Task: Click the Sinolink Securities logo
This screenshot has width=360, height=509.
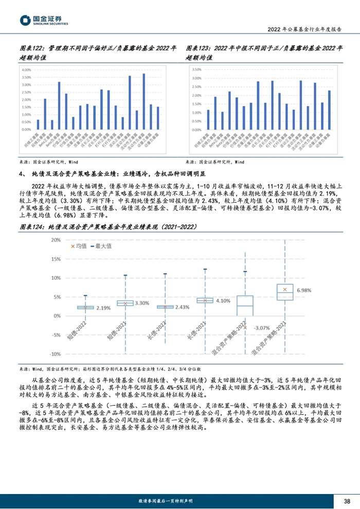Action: (x=43, y=20)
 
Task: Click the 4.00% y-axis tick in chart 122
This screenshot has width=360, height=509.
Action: (x=27, y=69)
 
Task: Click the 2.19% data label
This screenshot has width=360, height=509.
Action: (x=103, y=308)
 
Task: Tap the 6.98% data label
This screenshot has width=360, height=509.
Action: (x=304, y=290)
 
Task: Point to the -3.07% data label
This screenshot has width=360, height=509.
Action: (x=262, y=328)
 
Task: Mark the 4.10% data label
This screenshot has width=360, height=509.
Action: (x=223, y=300)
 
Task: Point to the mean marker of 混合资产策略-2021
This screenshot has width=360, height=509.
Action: (x=285, y=290)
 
